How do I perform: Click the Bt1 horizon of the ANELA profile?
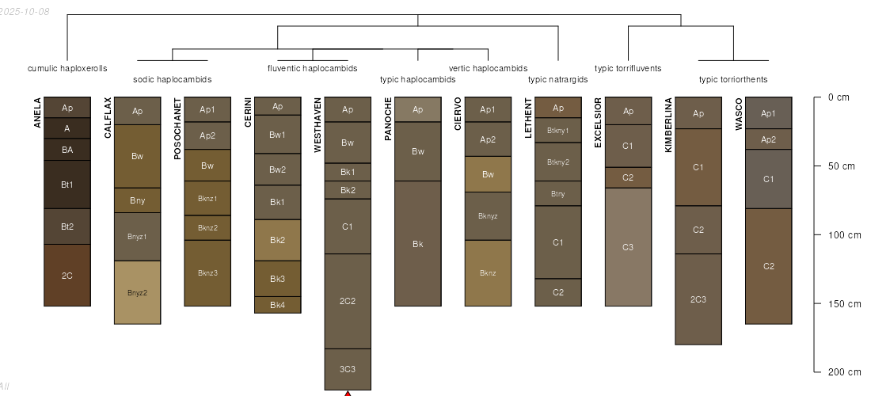click(x=67, y=185)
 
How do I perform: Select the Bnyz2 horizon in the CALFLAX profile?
click(x=138, y=292)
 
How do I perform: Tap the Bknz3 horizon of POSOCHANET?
click(x=207, y=273)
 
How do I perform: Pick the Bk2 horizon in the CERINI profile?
click(x=277, y=240)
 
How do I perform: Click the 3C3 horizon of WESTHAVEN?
click(x=348, y=369)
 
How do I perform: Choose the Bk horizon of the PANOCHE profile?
click(x=417, y=244)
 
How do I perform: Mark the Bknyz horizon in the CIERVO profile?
click(x=488, y=216)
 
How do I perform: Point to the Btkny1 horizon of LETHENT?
click(x=558, y=130)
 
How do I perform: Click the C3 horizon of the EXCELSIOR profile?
click(x=628, y=247)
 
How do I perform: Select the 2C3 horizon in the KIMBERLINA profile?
click(x=698, y=299)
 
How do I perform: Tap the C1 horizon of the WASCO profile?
click(x=768, y=179)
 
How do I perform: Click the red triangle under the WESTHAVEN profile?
click(x=348, y=393)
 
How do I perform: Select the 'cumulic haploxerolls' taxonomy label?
click(x=67, y=68)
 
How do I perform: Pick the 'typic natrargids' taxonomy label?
click(x=557, y=79)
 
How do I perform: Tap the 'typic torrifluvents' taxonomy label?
click(x=628, y=68)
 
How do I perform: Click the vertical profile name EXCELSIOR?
click(x=598, y=123)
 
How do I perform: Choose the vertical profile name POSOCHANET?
click(x=177, y=129)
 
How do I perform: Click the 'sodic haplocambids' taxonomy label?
click(x=172, y=79)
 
